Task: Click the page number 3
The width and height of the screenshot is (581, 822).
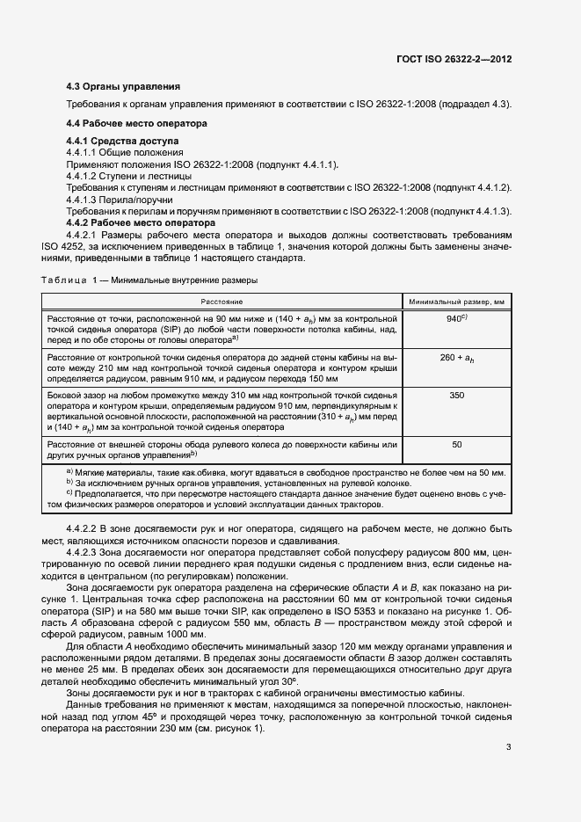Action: pyautogui.click(x=509, y=747)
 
